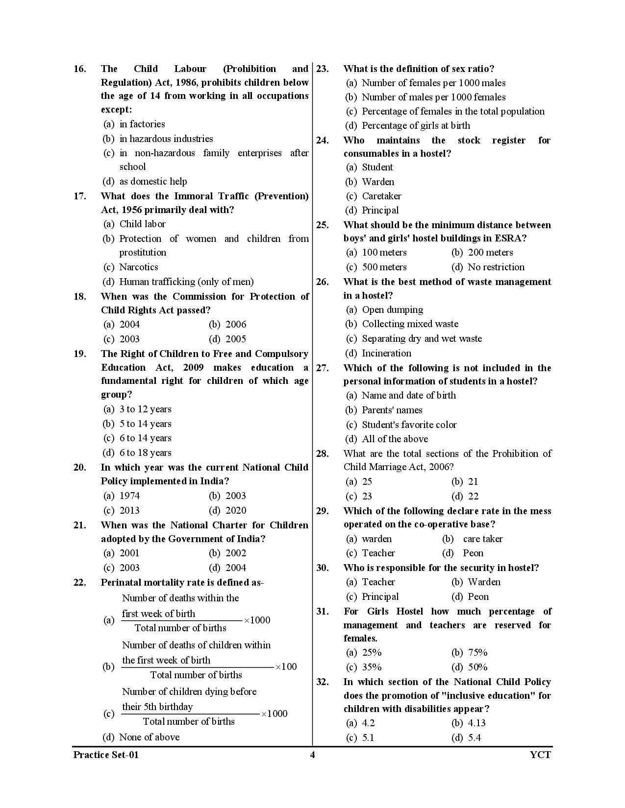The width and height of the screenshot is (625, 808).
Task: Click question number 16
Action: coord(79,69)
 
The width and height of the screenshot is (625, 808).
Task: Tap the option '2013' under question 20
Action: coord(129,510)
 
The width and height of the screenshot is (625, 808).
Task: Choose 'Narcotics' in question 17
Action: coord(139,267)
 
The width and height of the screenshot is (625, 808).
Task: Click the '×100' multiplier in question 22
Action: coord(286,667)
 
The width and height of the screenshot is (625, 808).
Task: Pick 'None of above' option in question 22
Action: coord(150,737)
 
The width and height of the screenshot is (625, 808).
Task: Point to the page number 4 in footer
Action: coord(312,755)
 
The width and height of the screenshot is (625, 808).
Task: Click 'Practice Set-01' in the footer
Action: coord(106,755)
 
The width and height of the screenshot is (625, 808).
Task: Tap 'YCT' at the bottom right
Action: coord(540,755)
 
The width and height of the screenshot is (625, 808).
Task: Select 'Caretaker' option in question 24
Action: coord(381,196)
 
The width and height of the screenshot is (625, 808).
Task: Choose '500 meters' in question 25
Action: coord(384,267)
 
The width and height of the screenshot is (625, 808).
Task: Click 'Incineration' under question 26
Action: coord(386,353)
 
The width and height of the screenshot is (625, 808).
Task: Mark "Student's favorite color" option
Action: coord(409,425)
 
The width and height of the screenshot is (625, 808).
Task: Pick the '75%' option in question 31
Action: coord(477,653)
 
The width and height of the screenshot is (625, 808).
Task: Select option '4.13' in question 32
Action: coord(476,723)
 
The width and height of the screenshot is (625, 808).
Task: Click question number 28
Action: coord(322,454)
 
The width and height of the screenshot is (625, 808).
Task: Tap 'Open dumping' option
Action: coord(392,310)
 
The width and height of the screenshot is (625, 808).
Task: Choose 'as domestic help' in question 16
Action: coord(153,182)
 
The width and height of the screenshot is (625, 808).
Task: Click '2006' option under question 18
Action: coord(236,325)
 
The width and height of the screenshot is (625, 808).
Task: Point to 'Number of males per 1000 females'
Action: coord(433,97)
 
